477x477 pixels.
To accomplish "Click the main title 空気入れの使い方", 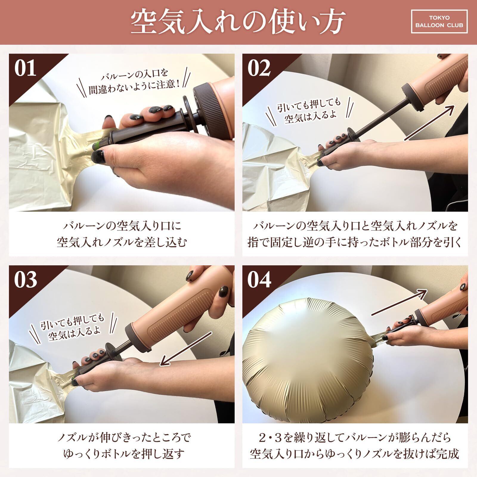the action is click(238, 22).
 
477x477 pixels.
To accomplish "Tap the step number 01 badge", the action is click(26, 68).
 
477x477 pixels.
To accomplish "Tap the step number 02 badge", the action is click(259, 68).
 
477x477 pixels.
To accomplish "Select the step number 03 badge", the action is click(26, 280).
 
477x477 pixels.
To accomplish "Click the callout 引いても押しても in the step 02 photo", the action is click(309, 105).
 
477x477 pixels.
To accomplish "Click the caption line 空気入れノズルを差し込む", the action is click(122, 242).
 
